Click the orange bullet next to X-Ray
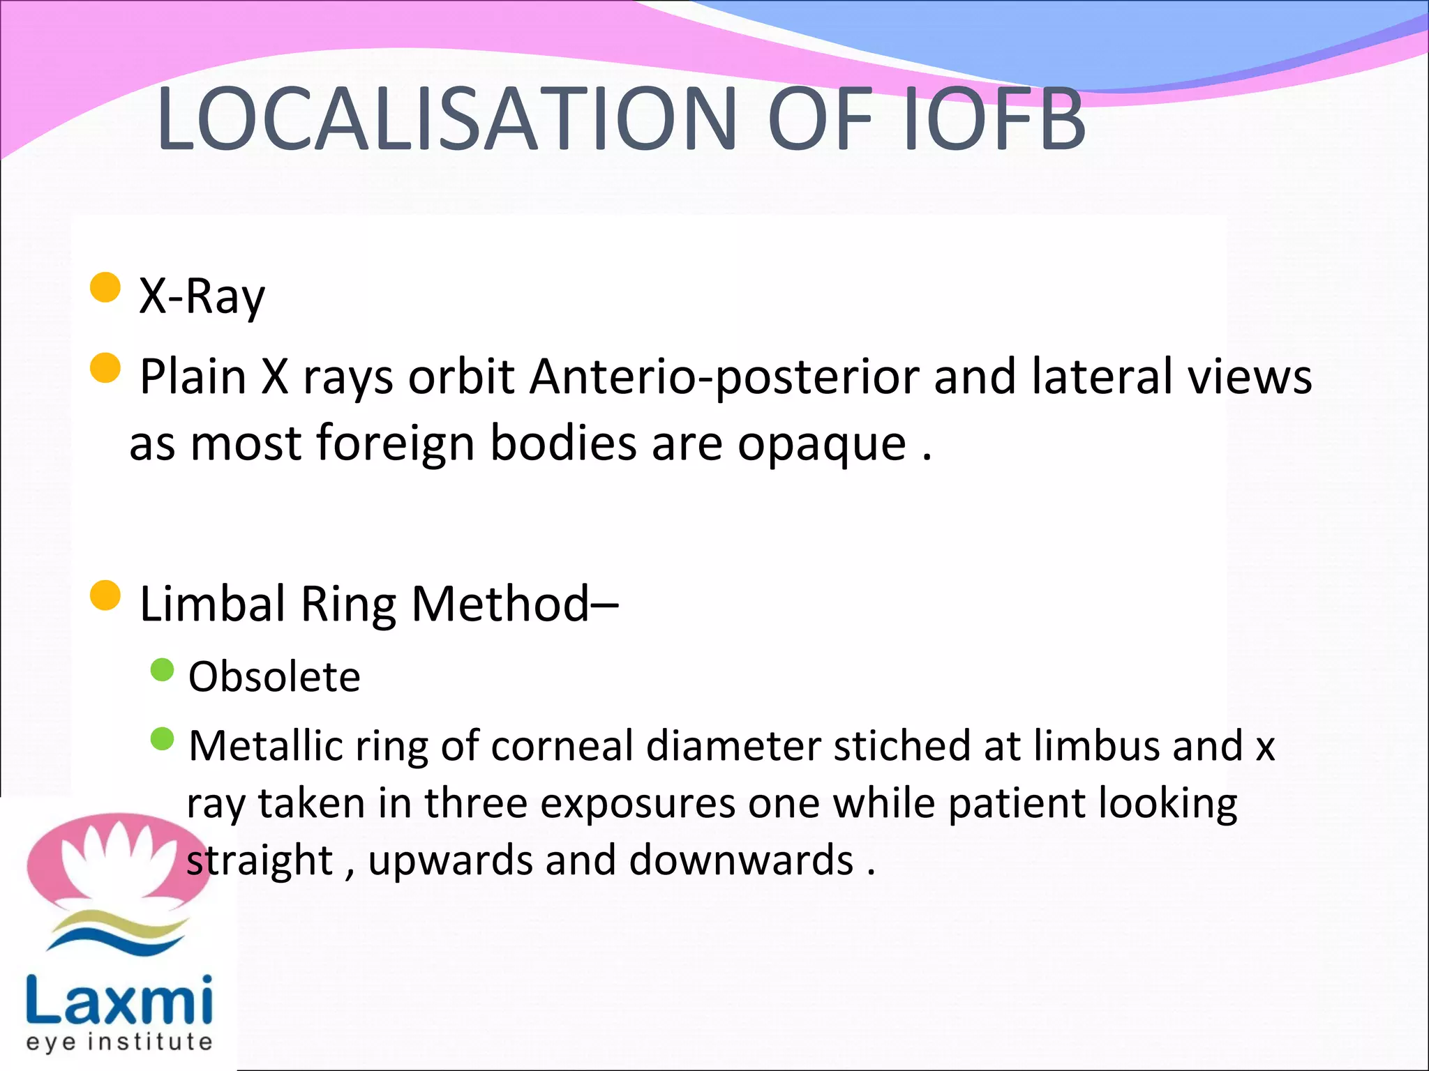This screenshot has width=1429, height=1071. point(105,287)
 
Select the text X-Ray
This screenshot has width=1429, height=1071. point(202,296)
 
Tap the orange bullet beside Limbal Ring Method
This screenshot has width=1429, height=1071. point(105,595)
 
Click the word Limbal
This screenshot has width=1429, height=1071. point(213,603)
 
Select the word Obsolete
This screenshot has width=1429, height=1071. point(274,677)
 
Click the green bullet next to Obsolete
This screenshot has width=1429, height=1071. point(162,670)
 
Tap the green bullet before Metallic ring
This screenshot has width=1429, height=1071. point(162,739)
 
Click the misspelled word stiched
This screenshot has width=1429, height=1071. point(902,745)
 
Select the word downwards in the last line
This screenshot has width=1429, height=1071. point(741,860)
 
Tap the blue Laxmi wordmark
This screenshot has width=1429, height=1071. point(119,1000)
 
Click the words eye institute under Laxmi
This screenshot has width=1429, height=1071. point(119,1042)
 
